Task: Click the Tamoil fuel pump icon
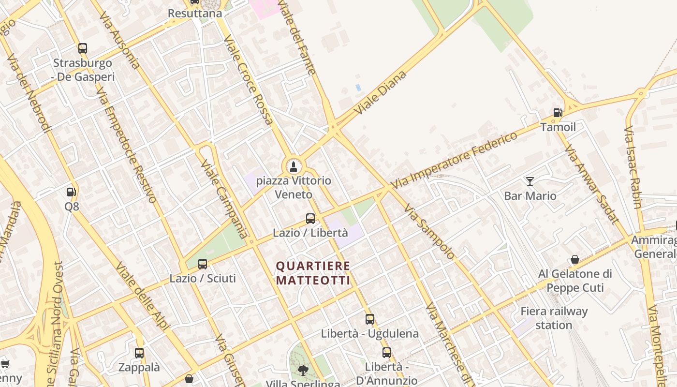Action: point(558,113)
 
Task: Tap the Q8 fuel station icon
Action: point(71,192)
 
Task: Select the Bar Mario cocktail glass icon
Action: point(530,181)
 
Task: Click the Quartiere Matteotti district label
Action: point(313,273)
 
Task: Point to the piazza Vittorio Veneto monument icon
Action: point(293,167)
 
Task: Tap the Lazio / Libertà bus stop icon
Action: point(310,219)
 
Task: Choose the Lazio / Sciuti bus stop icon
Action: point(203,264)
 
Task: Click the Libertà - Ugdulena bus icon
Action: point(370,319)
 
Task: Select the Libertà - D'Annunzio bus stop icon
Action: point(386,353)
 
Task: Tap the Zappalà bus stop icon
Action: point(139,353)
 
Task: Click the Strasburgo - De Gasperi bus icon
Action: point(83,48)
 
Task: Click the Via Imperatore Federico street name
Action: point(454,160)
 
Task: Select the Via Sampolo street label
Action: point(429,232)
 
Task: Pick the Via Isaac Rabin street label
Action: point(633,167)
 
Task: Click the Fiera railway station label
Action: point(554,318)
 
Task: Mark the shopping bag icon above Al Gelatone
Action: point(575,260)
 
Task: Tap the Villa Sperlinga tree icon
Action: point(303,371)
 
